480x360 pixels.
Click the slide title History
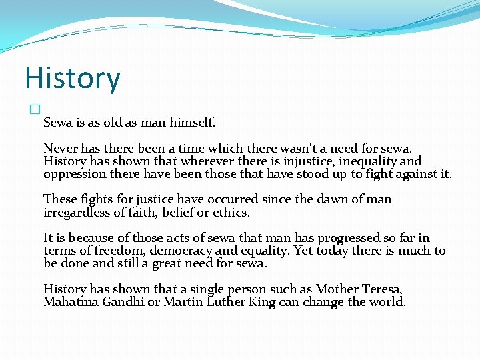(x=73, y=79)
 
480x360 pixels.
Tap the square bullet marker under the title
(x=35, y=109)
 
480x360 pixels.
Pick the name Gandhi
(x=126, y=302)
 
